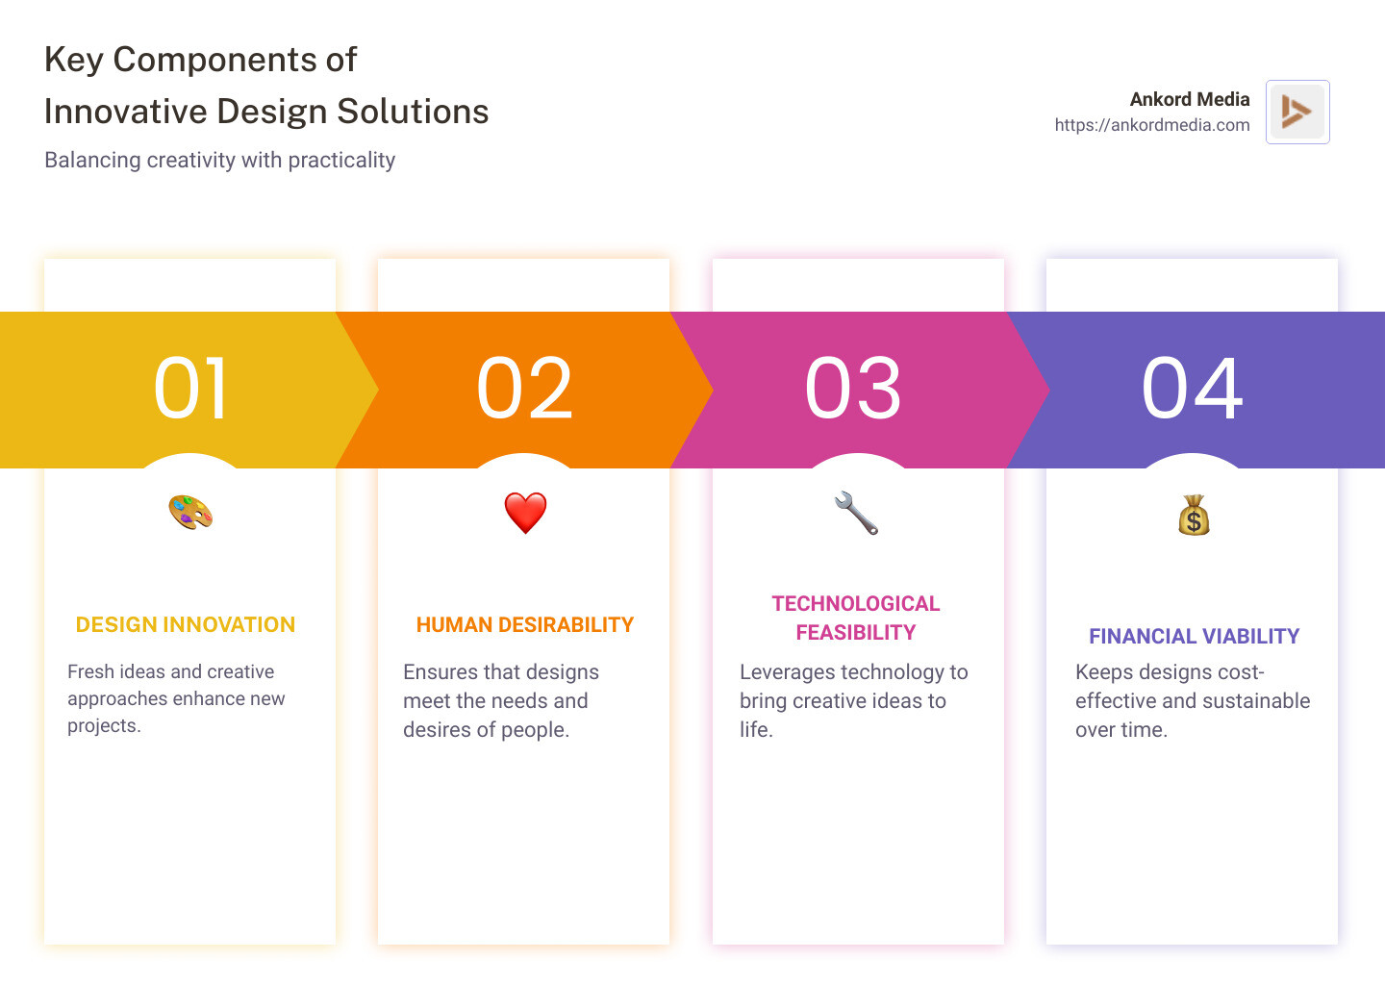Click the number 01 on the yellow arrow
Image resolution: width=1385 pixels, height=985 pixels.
[x=190, y=389]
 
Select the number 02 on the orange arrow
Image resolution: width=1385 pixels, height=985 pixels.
[x=524, y=389]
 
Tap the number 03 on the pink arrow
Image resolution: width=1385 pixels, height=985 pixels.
[x=853, y=389]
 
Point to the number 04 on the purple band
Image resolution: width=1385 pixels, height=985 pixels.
[x=1192, y=389]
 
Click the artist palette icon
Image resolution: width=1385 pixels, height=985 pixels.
[x=190, y=512]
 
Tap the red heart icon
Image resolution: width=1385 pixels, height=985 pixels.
[x=525, y=513]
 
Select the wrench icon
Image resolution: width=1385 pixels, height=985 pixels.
[x=856, y=513]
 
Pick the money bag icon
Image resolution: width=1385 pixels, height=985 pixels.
[x=1194, y=516]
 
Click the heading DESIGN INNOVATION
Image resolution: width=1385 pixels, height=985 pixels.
[x=186, y=625]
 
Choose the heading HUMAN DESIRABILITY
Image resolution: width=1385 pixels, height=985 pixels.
[x=525, y=625]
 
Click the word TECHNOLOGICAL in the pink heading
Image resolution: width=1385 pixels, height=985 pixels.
[x=855, y=604]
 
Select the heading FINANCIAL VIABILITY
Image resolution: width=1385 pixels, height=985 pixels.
[x=1194, y=637]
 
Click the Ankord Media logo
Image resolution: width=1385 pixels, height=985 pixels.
[x=1297, y=112]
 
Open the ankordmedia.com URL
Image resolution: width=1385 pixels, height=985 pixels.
[x=1151, y=125]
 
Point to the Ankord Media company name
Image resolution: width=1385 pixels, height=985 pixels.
[x=1189, y=99]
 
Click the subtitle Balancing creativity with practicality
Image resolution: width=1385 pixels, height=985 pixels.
[x=219, y=160]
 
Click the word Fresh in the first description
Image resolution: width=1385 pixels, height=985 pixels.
[x=90, y=671]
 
